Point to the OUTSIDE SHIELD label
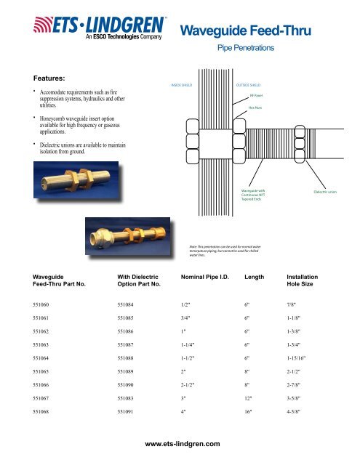coord(249,84)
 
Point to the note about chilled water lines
coord(219,251)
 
